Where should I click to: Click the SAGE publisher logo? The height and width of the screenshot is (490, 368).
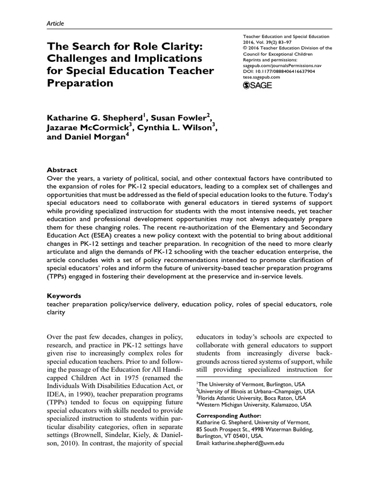point(258,85)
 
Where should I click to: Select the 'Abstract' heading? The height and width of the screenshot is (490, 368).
point(62,170)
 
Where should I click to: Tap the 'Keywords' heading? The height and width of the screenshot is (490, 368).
point(64,296)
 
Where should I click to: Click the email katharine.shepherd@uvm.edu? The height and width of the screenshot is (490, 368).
point(241,444)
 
